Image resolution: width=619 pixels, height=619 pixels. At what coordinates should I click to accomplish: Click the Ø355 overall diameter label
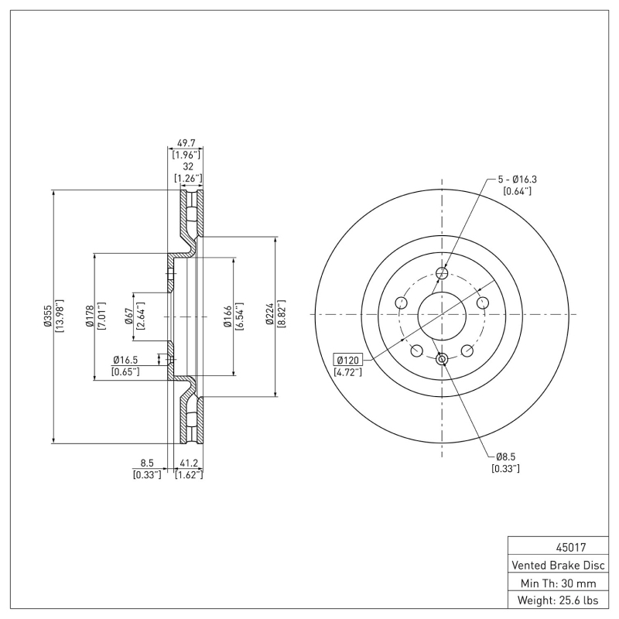46,316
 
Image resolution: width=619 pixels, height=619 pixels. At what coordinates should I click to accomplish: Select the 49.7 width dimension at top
186,144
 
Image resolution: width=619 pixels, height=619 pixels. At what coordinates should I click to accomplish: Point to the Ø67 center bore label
128,316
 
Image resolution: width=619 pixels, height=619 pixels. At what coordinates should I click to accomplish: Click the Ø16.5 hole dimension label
125,360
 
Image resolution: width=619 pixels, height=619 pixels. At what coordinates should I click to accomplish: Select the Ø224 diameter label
271,316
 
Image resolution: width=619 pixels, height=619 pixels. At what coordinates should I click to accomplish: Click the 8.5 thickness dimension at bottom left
147,463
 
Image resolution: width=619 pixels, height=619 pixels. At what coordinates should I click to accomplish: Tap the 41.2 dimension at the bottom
189,463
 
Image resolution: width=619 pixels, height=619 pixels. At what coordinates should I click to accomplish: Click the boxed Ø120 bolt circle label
348,360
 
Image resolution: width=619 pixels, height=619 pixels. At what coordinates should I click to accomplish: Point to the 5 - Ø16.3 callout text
518,180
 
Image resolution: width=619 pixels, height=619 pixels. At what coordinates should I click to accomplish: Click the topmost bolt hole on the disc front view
443,272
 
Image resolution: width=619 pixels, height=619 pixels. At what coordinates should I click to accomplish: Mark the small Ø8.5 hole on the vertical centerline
443,358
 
